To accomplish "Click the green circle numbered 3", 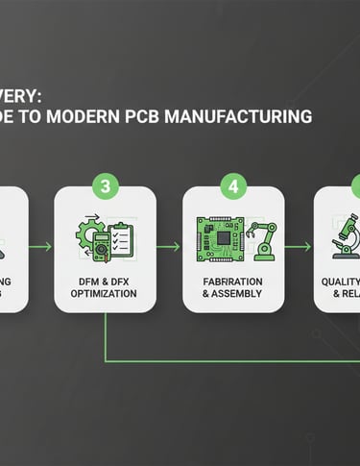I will pos(104,184).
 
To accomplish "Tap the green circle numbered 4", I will pos(233,184).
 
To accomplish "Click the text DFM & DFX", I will pos(104,279).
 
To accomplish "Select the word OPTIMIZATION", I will pos(104,292).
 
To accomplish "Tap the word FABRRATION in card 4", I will pos(233,279).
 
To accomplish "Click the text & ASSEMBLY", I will pos(233,292).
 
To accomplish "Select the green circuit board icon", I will pos(220,238).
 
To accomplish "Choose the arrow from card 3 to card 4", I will pos(168,247).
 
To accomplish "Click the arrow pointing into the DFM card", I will pos(40,247).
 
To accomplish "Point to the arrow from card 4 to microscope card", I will pos(299,247).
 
